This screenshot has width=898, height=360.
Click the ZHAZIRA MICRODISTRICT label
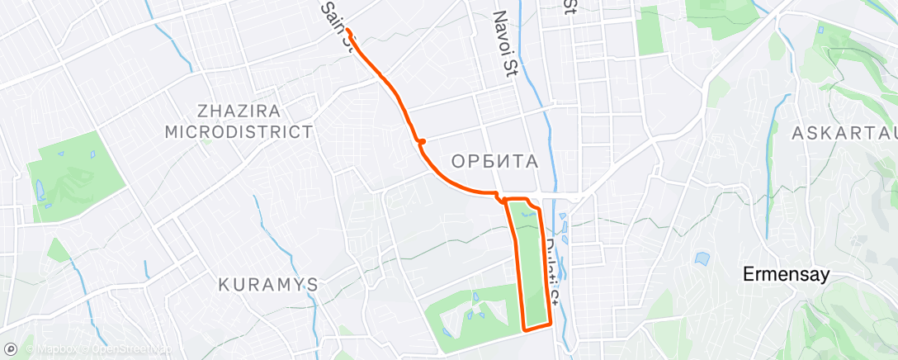[x=239, y=121]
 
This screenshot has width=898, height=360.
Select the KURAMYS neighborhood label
[x=268, y=284]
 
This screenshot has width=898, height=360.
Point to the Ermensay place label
[x=785, y=275]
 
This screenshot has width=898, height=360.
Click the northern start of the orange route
[x=349, y=31]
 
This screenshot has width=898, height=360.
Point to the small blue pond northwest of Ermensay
[x=702, y=258]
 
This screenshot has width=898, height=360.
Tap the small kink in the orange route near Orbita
[x=421, y=143]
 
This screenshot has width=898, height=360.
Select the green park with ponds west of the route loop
[x=470, y=310]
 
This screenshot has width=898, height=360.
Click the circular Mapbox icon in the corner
[x=11, y=348]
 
